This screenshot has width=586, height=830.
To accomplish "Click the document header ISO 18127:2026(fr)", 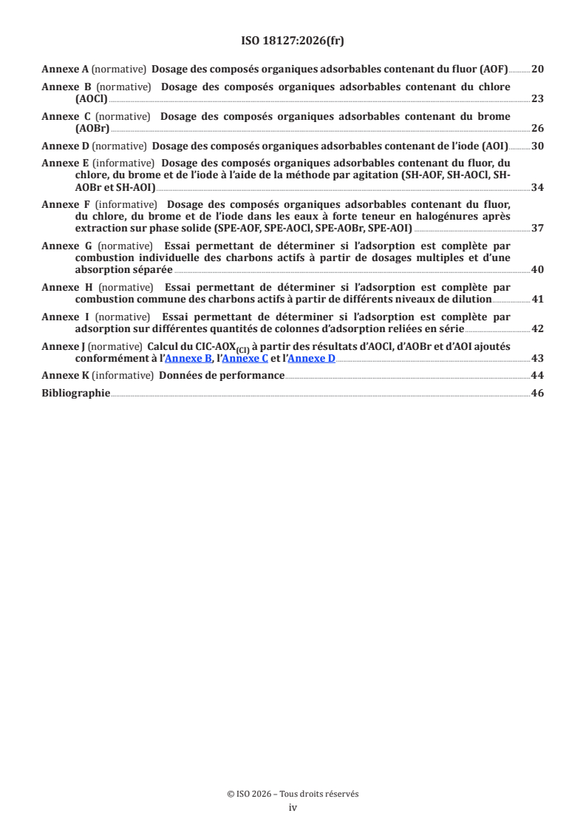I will [293, 41].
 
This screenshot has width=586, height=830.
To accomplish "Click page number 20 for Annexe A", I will [537, 70].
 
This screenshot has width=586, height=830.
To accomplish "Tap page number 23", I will [537, 98].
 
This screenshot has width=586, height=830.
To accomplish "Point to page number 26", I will [537, 128].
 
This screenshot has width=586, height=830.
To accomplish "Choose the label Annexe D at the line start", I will [65, 146].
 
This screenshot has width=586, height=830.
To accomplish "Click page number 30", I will [537, 146].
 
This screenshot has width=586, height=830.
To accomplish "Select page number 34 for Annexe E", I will [537, 187].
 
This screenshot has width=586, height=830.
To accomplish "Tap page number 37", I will [537, 228].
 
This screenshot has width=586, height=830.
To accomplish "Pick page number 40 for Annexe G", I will [537, 269].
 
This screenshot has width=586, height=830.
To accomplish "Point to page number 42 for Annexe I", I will [537, 328].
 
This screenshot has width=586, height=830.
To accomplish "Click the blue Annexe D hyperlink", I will [311, 358].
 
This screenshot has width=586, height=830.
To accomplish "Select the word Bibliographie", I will [75, 393].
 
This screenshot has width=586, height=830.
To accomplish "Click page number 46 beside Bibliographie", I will [537, 393].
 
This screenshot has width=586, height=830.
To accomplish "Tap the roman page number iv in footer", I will [293, 808].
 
